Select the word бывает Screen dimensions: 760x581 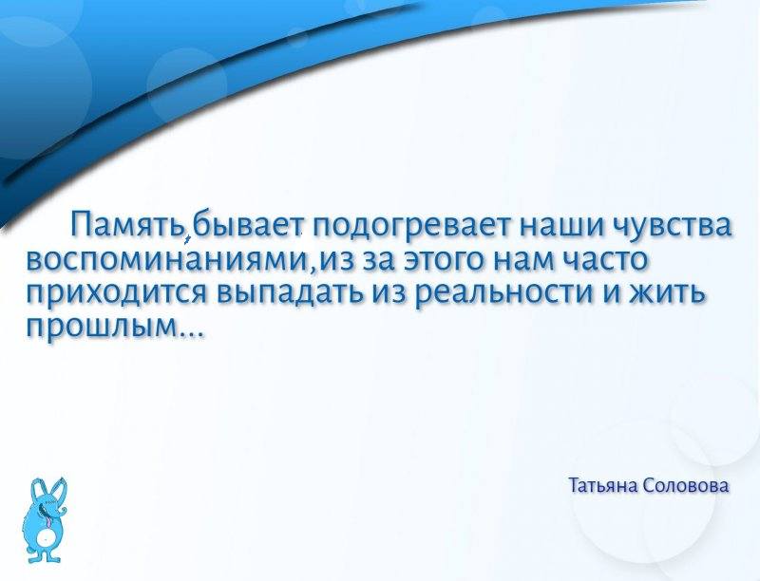[x=247, y=225]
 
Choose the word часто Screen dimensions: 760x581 [x=605, y=259]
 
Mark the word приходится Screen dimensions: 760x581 [x=116, y=293]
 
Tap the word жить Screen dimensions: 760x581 [x=666, y=292]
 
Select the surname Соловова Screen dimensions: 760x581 [x=687, y=485]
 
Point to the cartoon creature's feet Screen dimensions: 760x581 [x=44, y=558]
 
